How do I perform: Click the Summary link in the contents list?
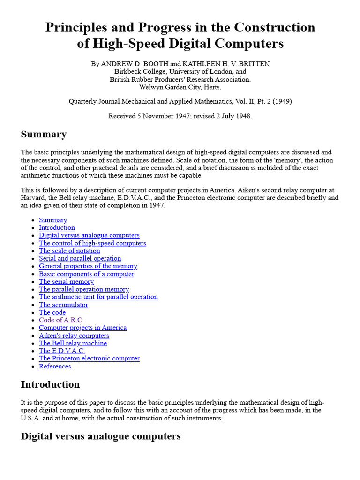(x=53, y=220)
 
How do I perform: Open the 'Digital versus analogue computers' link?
(x=89, y=235)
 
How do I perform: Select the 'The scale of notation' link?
(x=69, y=251)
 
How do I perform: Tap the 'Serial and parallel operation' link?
(x=80, y=258)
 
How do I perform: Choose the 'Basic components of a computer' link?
(x=86, y=274)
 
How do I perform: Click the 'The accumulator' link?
(x=63, y=305)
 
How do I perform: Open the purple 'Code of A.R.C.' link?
(x=61, y=320)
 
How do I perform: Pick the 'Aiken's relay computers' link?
(x=74, y=335)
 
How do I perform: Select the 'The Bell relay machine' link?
(x=73, y=343)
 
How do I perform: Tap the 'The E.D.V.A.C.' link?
(x=62, y=351)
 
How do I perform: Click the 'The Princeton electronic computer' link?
(x=89, y=358)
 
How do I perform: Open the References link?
(x=55, y=366)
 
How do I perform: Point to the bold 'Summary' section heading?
(x=44, y=135)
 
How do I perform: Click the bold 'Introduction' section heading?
(x=50, y=384)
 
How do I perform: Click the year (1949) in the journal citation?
(x=282, y=101)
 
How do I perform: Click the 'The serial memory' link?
(x=66, y=282)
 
